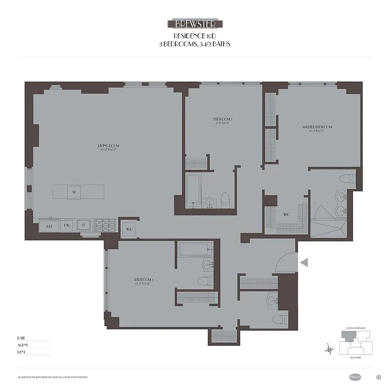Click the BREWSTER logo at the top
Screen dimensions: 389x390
195,24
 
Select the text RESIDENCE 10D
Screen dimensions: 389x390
195,36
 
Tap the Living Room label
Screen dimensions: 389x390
109,147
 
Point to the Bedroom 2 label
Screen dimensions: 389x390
223,120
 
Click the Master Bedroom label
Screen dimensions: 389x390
317,127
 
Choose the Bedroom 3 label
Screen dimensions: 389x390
144,280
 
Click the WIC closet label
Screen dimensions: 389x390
287,214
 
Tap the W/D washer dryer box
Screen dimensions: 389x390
129,229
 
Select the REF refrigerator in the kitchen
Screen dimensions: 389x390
50,226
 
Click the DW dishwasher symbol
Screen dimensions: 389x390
66,226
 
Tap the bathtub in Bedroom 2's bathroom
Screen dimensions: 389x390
192,192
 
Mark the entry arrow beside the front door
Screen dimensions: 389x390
304,263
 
